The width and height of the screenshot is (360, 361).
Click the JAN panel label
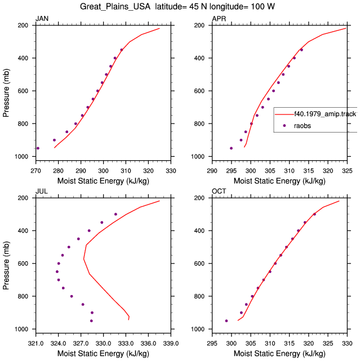(42, 19)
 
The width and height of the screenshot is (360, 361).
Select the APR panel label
(219, 19)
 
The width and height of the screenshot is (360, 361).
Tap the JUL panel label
(42, 191)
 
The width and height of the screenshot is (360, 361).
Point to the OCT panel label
(219, 191)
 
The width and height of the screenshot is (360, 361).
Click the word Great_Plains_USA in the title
(115, 6)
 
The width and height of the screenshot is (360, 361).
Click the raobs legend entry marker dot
(285, 125)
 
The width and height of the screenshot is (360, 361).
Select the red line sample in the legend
(285, 114)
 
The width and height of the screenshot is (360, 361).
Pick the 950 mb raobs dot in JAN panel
(38, 148)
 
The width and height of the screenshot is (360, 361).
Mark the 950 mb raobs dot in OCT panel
(226, 321)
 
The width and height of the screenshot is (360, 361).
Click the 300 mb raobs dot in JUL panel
(115, 214)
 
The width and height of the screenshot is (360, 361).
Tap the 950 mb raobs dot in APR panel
(231, 148)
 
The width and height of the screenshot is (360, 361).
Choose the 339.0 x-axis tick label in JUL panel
(171, 344)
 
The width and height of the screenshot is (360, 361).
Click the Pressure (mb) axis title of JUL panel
(6, 265)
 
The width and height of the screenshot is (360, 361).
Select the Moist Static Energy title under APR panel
(279, 181)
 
